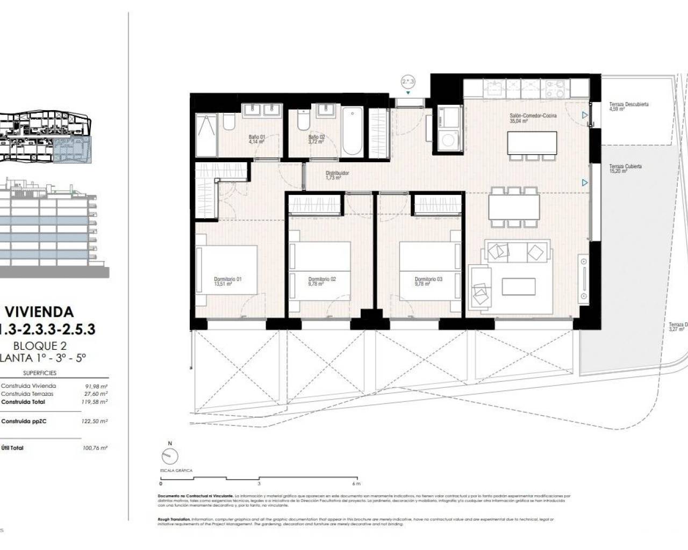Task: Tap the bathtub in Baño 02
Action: [352, 132]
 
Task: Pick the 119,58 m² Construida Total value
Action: [97, 402]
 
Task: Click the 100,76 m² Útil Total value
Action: [97, 448]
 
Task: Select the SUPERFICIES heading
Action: [40, 373]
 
